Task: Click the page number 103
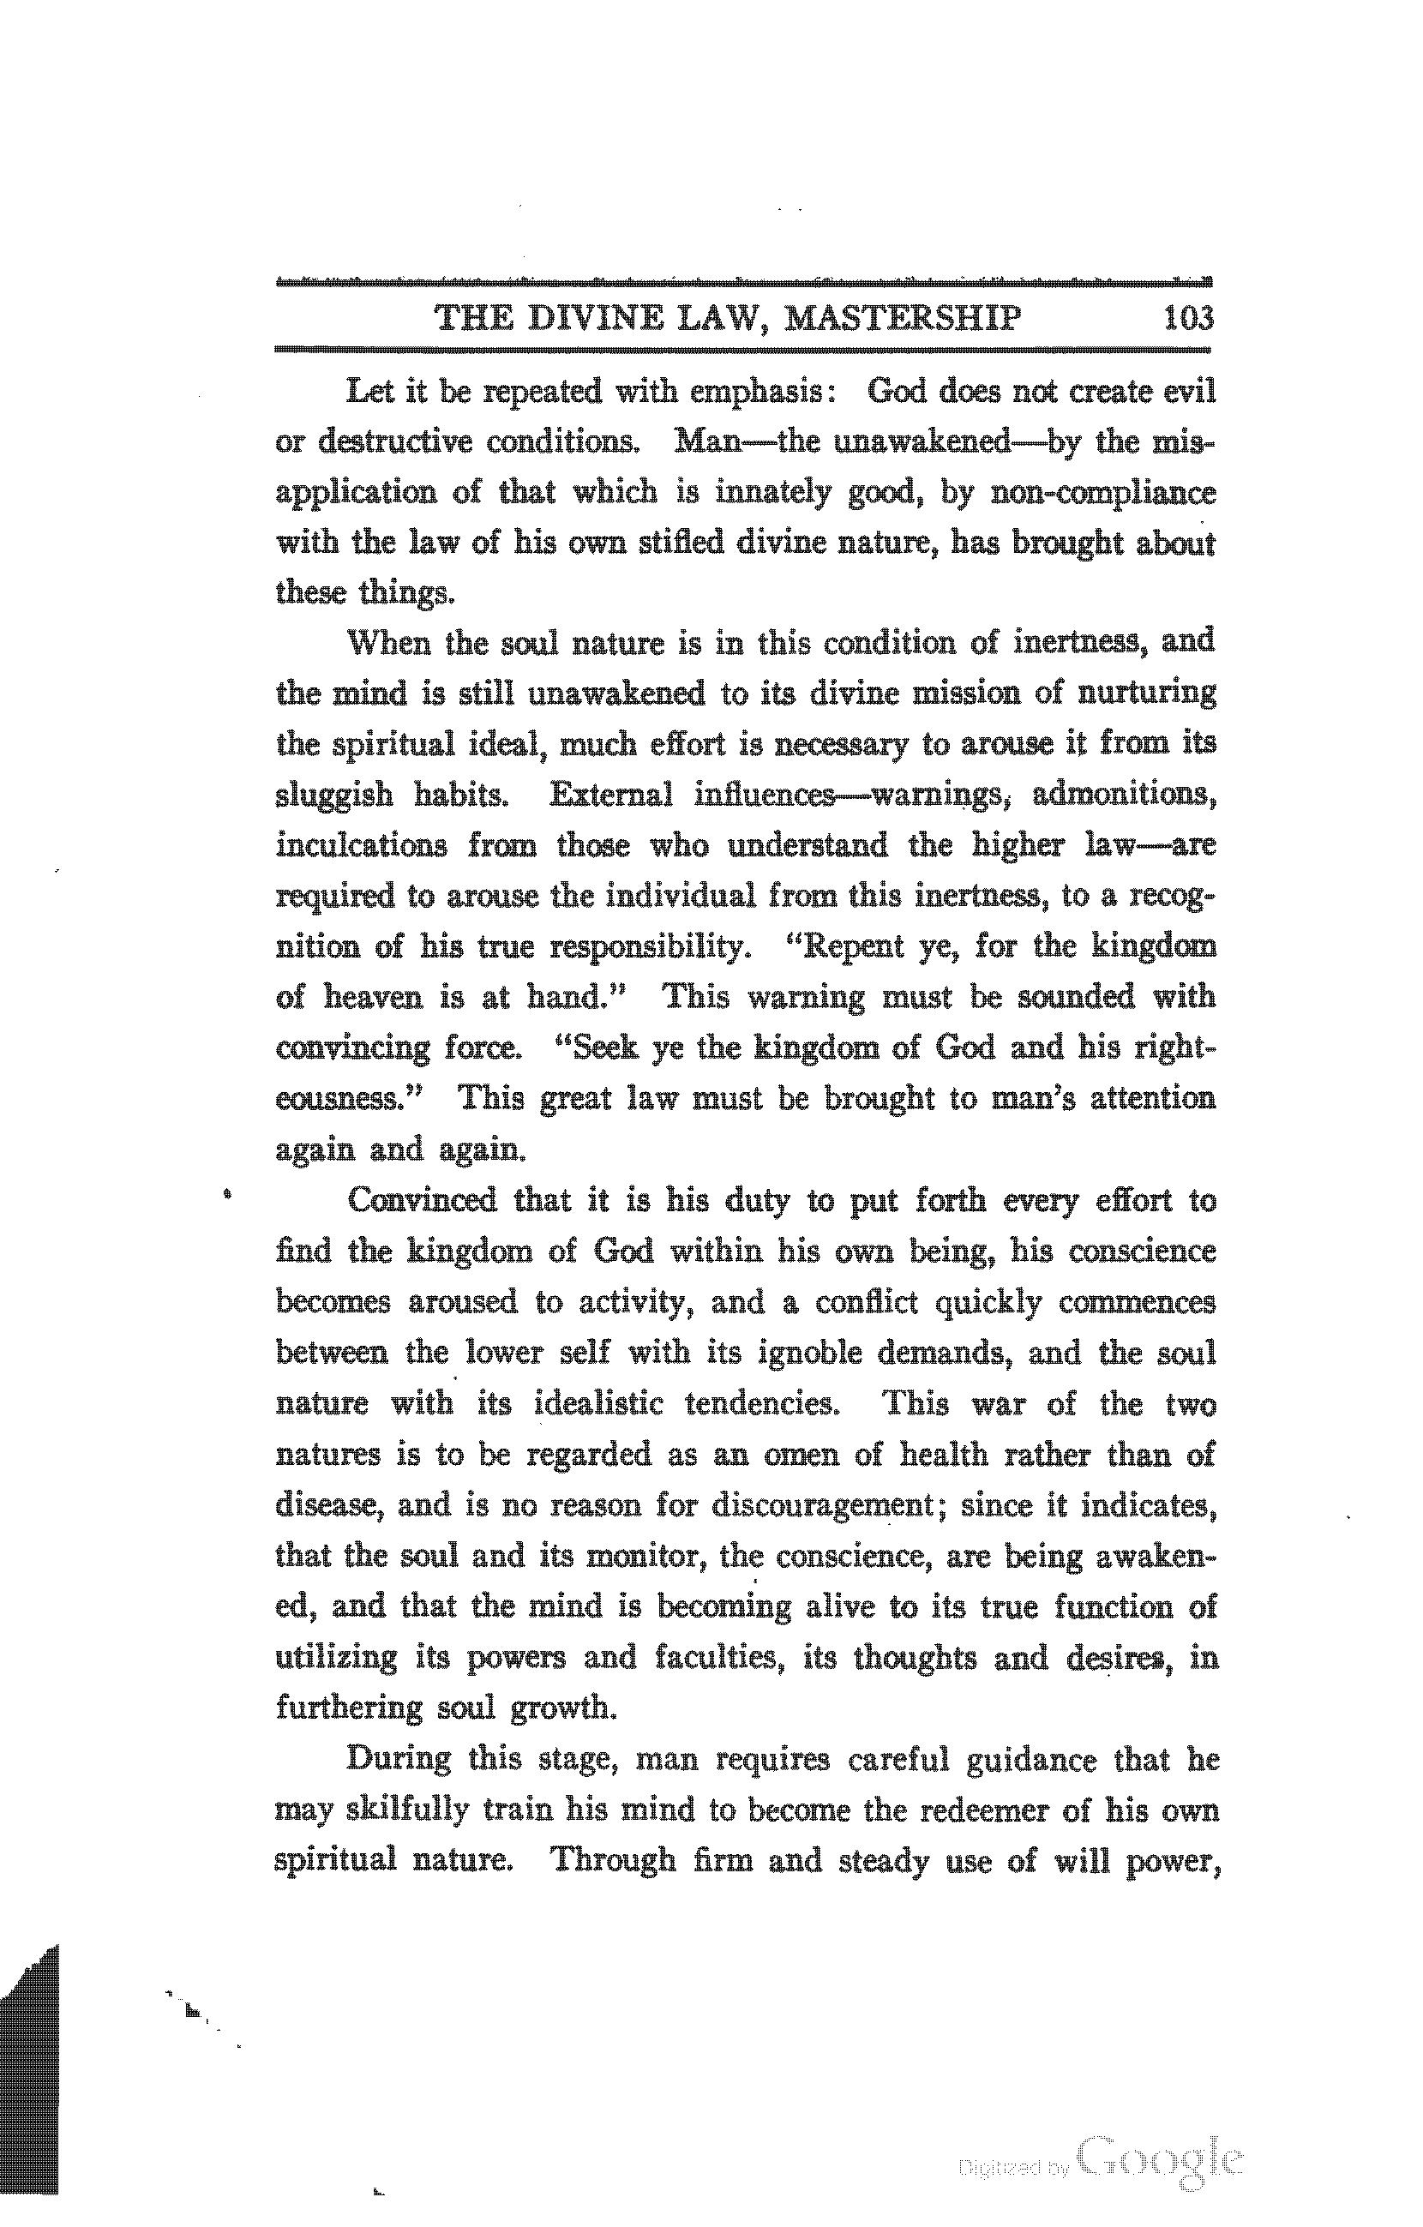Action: (1188, 318)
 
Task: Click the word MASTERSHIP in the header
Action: (902, 318)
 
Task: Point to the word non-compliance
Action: (1102, 493)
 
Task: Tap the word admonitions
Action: (1121, 795)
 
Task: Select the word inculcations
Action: (362, 845)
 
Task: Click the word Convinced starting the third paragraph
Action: (422, 1200)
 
